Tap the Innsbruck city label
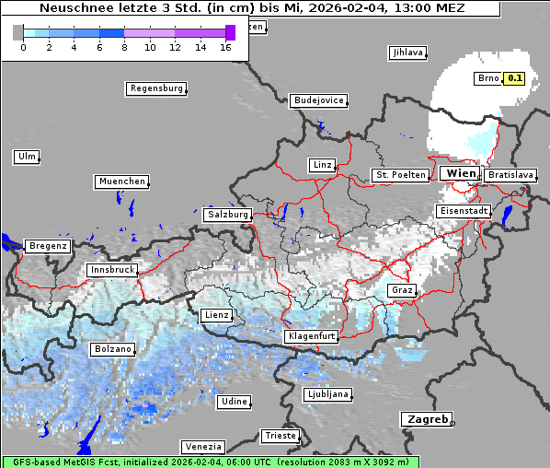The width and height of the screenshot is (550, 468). (x=112, y=270)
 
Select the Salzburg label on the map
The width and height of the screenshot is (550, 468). (x=227, y=214)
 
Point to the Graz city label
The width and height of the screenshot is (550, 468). (x=402, y=290)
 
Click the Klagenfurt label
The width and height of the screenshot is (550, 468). (x=311, y=336)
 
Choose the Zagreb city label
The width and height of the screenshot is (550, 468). (x=426, y=419)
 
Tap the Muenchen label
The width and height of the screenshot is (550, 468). (x=121, y=181)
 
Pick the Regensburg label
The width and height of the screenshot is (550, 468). (x=155, y=88)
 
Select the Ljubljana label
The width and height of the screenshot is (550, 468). (x=327, y=394)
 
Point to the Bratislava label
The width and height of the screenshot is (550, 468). (x=510, y=174)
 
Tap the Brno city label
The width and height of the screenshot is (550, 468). (x=487, y=78)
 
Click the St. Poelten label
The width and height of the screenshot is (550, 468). (x=400, y=174)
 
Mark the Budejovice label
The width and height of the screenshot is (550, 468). (x=318, y=99)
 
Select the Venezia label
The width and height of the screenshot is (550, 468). (x=202, y=447)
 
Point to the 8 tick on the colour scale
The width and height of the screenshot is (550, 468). (x=124, y=46)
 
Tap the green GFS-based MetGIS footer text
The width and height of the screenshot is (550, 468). (x=210, y=462)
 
